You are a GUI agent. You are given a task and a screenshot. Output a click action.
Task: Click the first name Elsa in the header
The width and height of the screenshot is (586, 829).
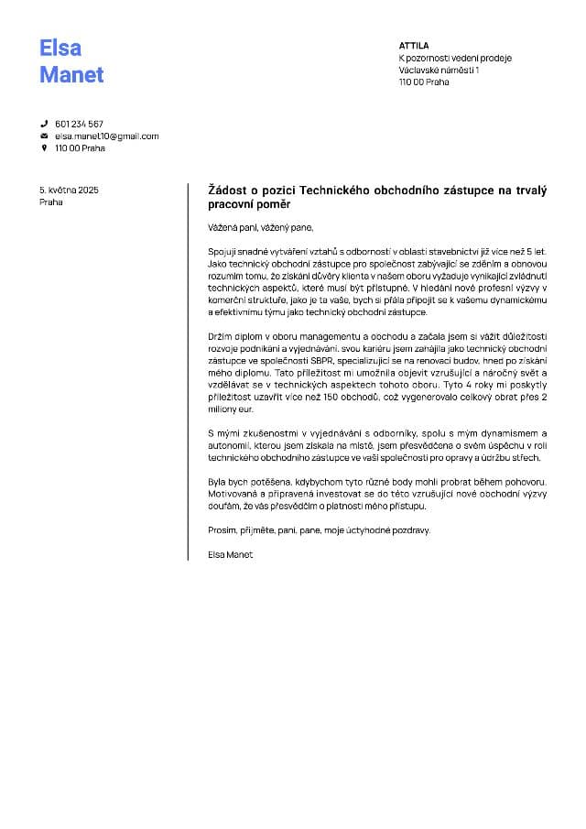[60, 49]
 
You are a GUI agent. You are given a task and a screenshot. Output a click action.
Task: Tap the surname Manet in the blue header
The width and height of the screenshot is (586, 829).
[71, 75]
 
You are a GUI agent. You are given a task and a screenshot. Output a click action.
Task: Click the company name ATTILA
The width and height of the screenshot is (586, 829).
[414, 45]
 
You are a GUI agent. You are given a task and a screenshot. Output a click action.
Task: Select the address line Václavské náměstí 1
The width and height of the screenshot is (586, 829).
[439, 70]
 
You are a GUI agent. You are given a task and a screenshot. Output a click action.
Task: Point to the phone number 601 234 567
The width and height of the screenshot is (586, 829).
[79, 124]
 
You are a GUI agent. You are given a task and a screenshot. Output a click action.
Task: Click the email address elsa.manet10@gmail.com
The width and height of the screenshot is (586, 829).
[107, 136]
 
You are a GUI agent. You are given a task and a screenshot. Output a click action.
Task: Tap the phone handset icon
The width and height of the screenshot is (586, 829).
[43, 124]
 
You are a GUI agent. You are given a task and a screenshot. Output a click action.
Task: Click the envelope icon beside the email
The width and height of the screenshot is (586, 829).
[43, 136]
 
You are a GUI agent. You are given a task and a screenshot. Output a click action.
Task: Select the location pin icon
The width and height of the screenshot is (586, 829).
[43, 148]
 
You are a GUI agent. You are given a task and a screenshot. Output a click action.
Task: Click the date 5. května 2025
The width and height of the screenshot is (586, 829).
[69, 190]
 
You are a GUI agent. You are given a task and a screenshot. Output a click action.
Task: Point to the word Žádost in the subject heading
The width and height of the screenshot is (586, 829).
[231, 191]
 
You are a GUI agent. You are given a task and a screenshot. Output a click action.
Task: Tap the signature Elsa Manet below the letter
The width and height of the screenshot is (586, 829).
[230, 555]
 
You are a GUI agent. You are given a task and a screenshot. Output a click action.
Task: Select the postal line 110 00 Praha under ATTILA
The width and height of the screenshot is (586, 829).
[424, 82]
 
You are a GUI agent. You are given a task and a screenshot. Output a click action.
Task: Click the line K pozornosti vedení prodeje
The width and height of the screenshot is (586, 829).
[455, 58]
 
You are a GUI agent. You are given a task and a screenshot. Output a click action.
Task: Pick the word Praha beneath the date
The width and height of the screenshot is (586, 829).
[51, 202]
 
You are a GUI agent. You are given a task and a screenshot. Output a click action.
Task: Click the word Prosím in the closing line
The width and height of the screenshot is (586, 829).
[222, 530]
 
